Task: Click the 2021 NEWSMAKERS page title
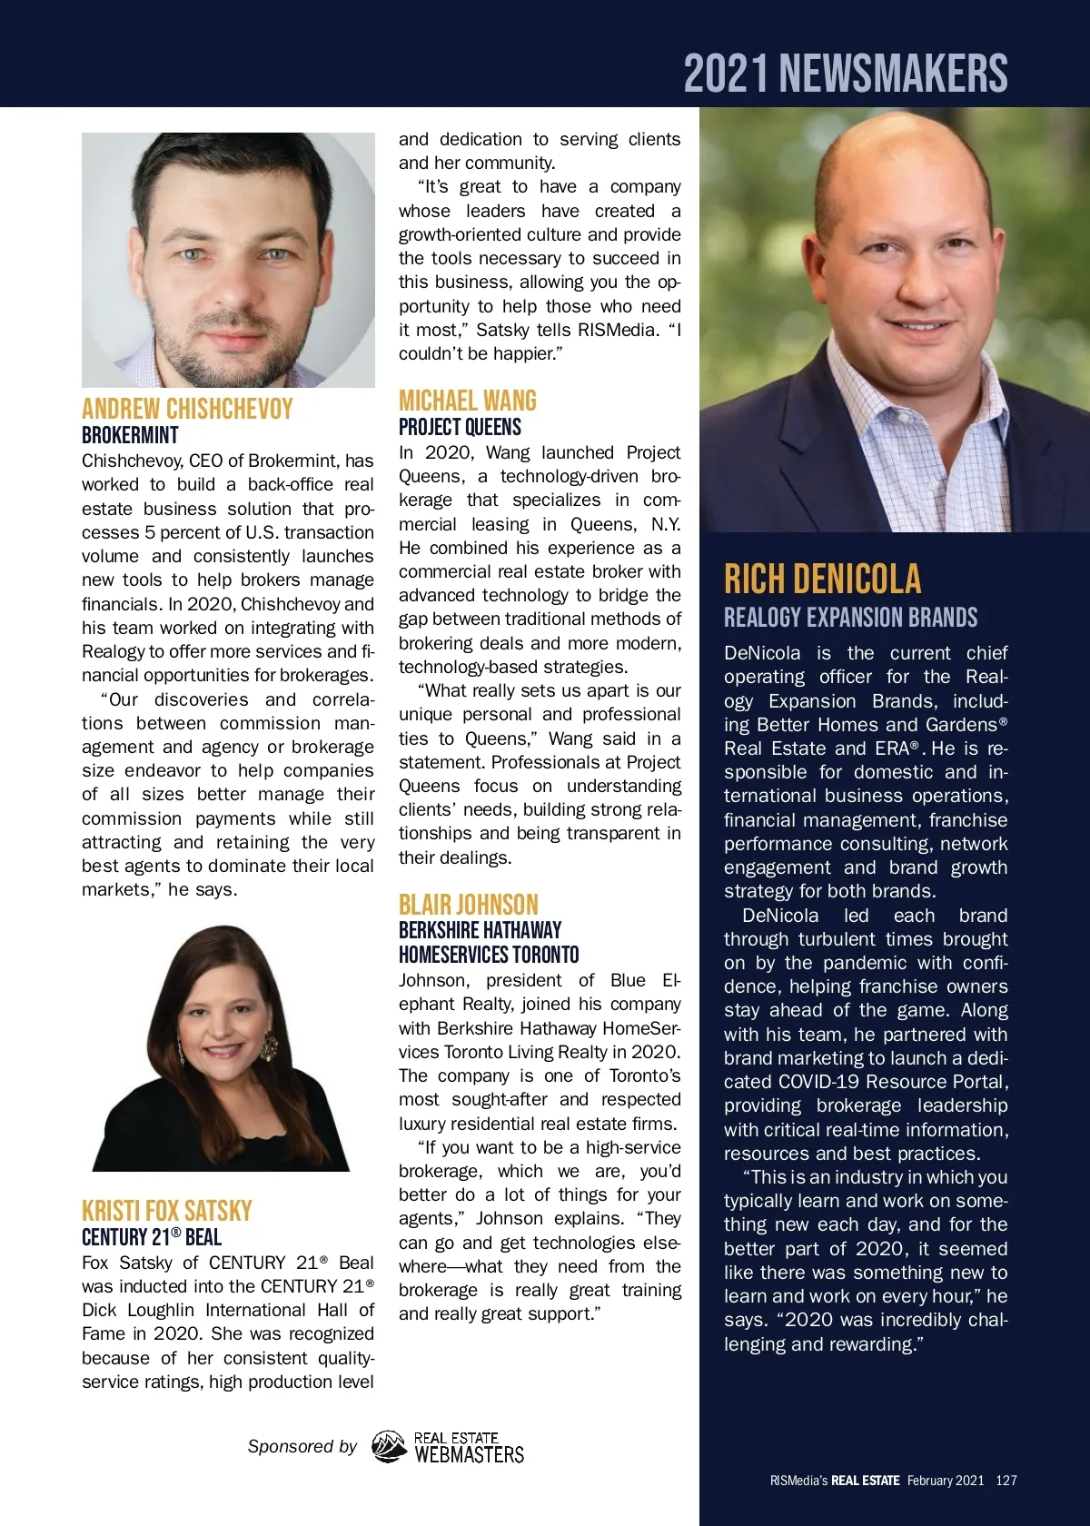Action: pos(846,74)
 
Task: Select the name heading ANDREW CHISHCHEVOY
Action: pos(187,409)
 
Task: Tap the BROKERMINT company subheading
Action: pos(130,435)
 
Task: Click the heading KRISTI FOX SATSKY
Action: pos(167,1211)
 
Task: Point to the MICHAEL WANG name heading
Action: pos(468,401)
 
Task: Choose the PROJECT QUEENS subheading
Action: pos(460,427)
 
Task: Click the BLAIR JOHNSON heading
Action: pos(469,905)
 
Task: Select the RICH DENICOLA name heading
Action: pos(822,579)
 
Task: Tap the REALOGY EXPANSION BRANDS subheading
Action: pos(850,618)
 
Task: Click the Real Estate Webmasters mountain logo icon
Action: pos(389,1447)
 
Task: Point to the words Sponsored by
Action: pos(302,1446)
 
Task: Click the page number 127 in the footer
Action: pos(1006,1481)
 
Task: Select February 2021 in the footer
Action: pos(945,1481)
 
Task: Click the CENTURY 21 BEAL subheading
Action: pos(152,1237)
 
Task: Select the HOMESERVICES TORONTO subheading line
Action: pos(489,955)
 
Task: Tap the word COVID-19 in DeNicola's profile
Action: pos(821,1082)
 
